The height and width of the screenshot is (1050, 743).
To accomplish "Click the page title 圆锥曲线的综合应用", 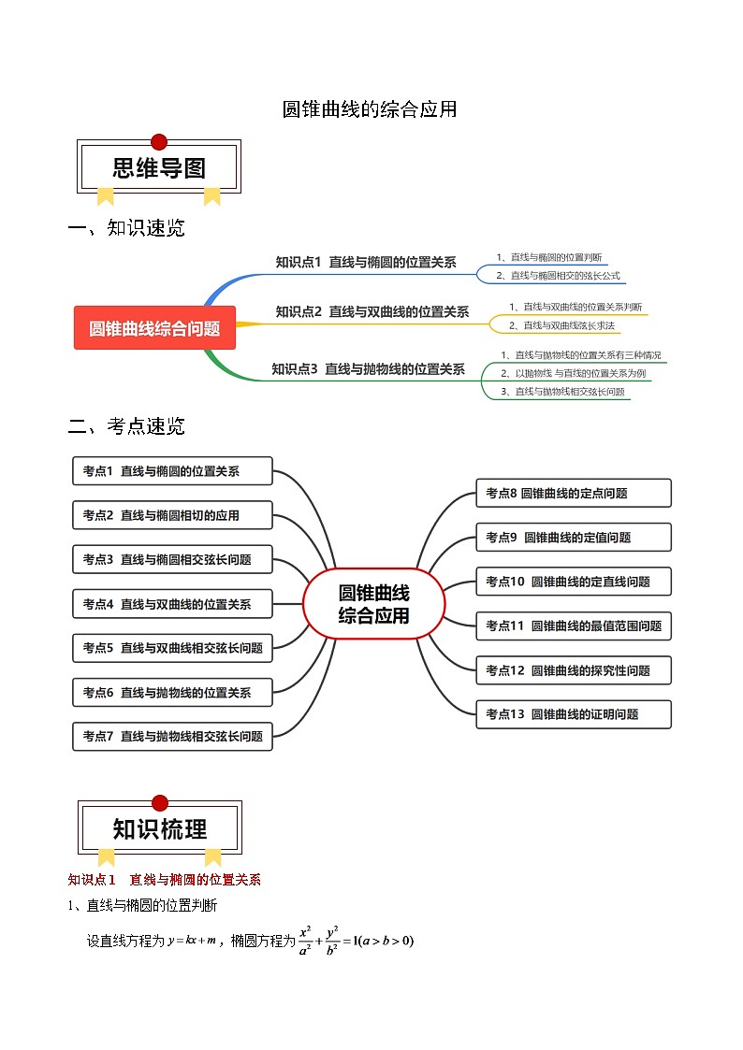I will [370, 109].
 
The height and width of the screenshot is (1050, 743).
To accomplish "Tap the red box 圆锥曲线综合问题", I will [154, 328].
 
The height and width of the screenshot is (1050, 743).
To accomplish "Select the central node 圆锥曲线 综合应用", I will [373, 604].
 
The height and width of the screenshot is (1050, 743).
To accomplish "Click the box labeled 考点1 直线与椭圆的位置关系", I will [172, 471].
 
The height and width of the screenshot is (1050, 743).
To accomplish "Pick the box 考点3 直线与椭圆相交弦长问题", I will [172, 559].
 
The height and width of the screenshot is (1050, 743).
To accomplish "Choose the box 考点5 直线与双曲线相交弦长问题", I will [172, 647].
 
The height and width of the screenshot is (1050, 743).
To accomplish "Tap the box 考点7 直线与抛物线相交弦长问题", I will [172, 736].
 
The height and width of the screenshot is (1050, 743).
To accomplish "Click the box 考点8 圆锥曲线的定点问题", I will [573, 493].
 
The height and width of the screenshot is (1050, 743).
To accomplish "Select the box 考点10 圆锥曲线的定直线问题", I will [573, 582].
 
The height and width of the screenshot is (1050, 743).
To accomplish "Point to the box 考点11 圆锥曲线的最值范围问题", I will [573, 626].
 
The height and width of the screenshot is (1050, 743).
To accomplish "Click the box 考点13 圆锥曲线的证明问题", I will [573, 714].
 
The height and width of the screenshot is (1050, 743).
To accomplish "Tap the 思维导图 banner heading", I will [159, 168].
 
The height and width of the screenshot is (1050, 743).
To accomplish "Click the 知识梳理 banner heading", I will [160, 829].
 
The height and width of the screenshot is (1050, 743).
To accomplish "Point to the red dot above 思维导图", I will [159, 142].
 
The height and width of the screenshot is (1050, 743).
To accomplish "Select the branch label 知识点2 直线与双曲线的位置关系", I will [371, 311].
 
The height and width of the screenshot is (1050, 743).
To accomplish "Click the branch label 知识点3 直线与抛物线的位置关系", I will [368, 369].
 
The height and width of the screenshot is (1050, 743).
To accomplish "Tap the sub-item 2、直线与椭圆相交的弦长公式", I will [558, 276].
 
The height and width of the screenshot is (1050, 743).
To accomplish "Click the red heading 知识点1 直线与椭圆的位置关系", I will [165, 880].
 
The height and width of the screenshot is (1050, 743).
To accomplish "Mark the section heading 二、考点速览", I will [127, 426].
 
